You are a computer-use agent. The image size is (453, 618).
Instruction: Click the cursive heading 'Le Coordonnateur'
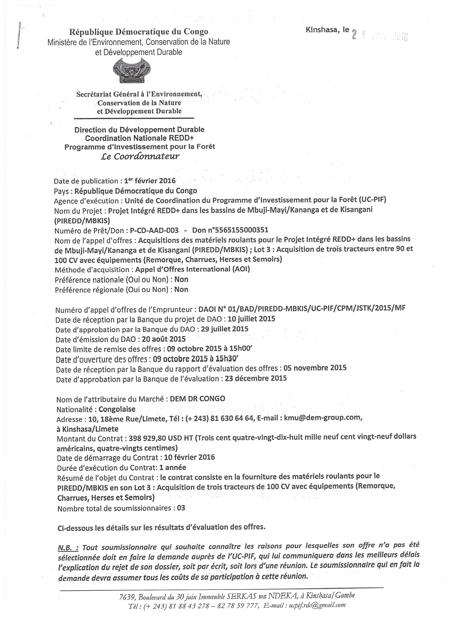140,156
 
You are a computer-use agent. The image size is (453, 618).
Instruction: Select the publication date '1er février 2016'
150,181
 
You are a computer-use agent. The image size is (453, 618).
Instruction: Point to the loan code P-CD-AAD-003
154,230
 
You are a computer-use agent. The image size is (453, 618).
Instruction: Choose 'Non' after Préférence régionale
181,289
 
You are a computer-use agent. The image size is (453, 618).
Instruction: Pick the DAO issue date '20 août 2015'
164,339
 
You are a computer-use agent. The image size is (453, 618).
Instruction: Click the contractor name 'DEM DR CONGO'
197,399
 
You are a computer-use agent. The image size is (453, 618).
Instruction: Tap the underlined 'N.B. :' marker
68,547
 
